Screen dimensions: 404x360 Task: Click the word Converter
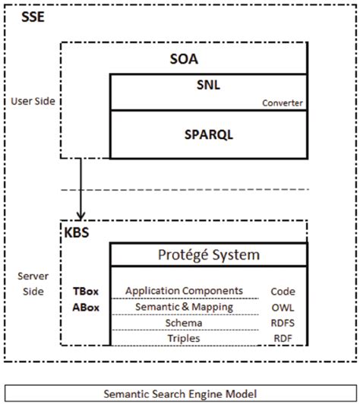pos(282,103)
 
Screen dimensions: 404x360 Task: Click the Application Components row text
pos(185,291)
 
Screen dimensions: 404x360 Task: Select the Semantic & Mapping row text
pos(184,307)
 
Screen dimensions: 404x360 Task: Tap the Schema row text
pos(185,323)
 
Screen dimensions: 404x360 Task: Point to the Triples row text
pos(185,339)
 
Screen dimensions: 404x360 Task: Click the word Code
pos(283,291)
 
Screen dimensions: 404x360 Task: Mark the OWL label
pos(283,307)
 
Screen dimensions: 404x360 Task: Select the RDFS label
pos(283,323)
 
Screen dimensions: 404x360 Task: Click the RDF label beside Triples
pos(283,339)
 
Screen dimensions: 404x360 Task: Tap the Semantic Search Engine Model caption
pos(180,393)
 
